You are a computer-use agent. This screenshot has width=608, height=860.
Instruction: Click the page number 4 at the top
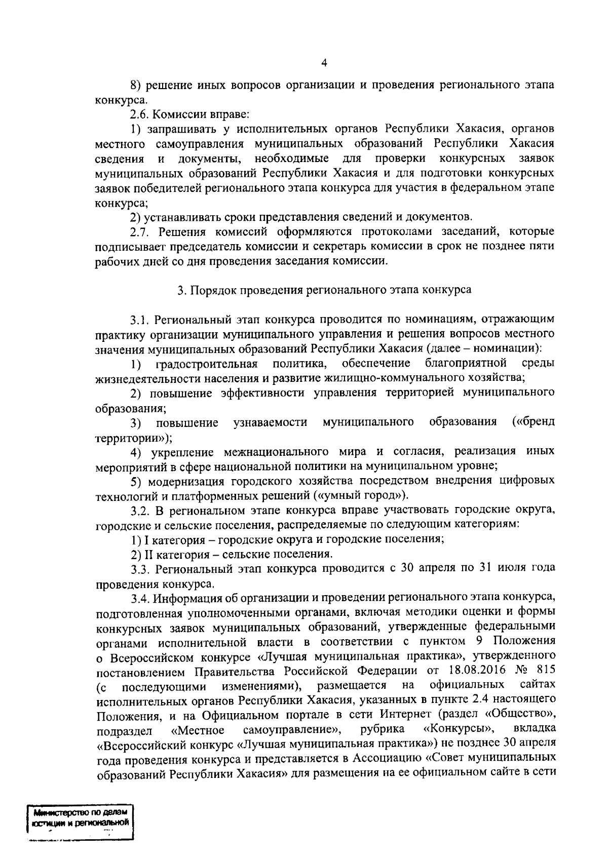point(324,63)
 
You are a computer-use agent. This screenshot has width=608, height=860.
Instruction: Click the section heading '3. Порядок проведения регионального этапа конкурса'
point(324,290)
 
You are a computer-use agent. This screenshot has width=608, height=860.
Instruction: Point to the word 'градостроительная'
point(207,363)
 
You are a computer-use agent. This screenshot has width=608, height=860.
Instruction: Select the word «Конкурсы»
point(459,729)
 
